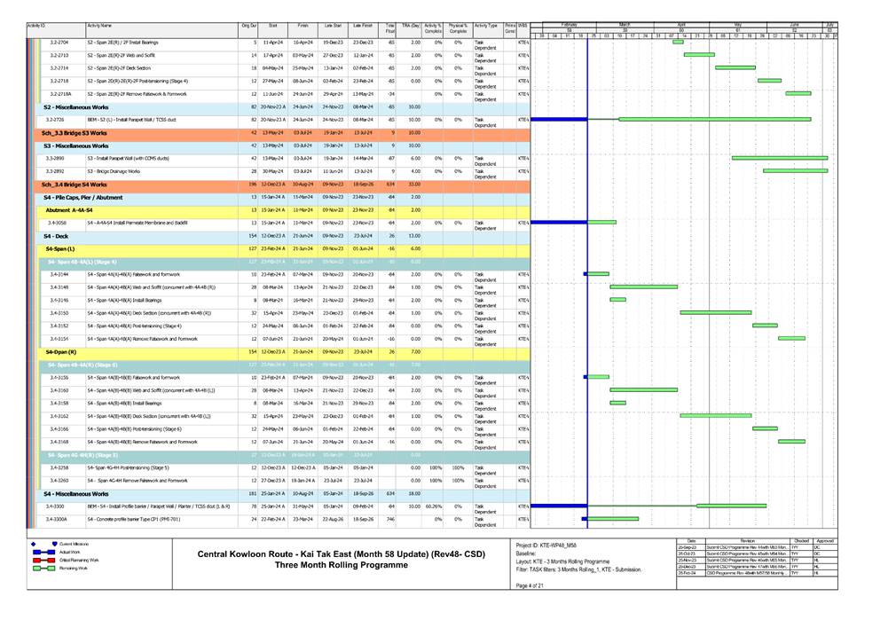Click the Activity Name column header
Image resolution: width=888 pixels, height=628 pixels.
(99, 27)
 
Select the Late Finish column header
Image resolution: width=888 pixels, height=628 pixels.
(362, 27)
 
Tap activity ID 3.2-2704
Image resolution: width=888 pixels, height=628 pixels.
(59, 42)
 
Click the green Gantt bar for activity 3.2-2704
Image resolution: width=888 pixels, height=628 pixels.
(678, 42)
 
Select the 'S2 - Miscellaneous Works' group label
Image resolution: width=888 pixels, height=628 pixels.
(76, 106)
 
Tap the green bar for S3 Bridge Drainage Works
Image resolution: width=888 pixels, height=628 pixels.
(795, 171)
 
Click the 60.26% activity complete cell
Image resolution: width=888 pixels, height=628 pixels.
(432, 506)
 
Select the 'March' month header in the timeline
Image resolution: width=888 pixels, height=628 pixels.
(624, 24)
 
